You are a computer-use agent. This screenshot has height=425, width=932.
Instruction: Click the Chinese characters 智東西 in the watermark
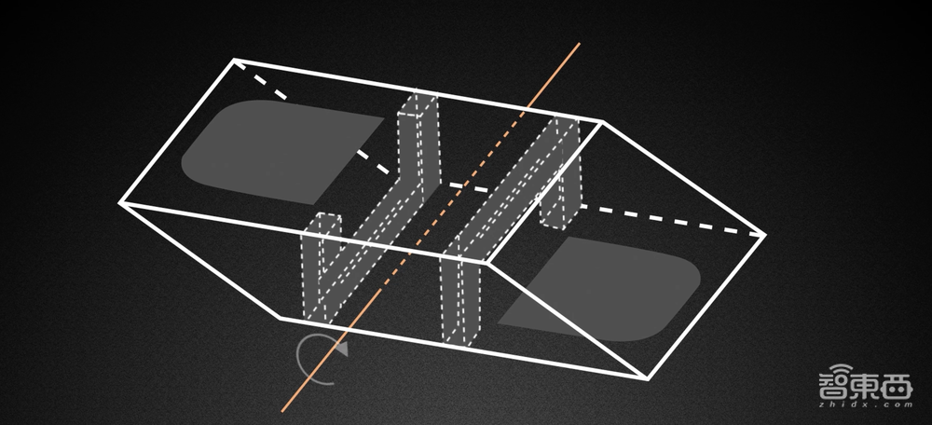click(x=866, y=385)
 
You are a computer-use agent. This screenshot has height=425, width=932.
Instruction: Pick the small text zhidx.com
click(x=866, y=404)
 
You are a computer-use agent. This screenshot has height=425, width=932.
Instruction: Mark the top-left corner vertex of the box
click(x=234, y=60)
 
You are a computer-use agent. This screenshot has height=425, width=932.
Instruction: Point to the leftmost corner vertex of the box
click(x=120, y=203)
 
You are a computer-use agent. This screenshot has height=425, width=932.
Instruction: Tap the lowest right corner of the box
click(x=648, y=377)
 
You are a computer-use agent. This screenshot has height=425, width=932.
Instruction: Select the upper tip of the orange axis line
click(x=580, y=43)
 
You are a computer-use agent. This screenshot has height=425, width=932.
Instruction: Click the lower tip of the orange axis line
click(x=282, y=411)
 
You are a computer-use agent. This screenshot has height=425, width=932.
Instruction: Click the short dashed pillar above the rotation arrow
click(x=322, y=268)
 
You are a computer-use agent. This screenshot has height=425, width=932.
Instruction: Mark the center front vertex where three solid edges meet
click(x=487, y=261)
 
